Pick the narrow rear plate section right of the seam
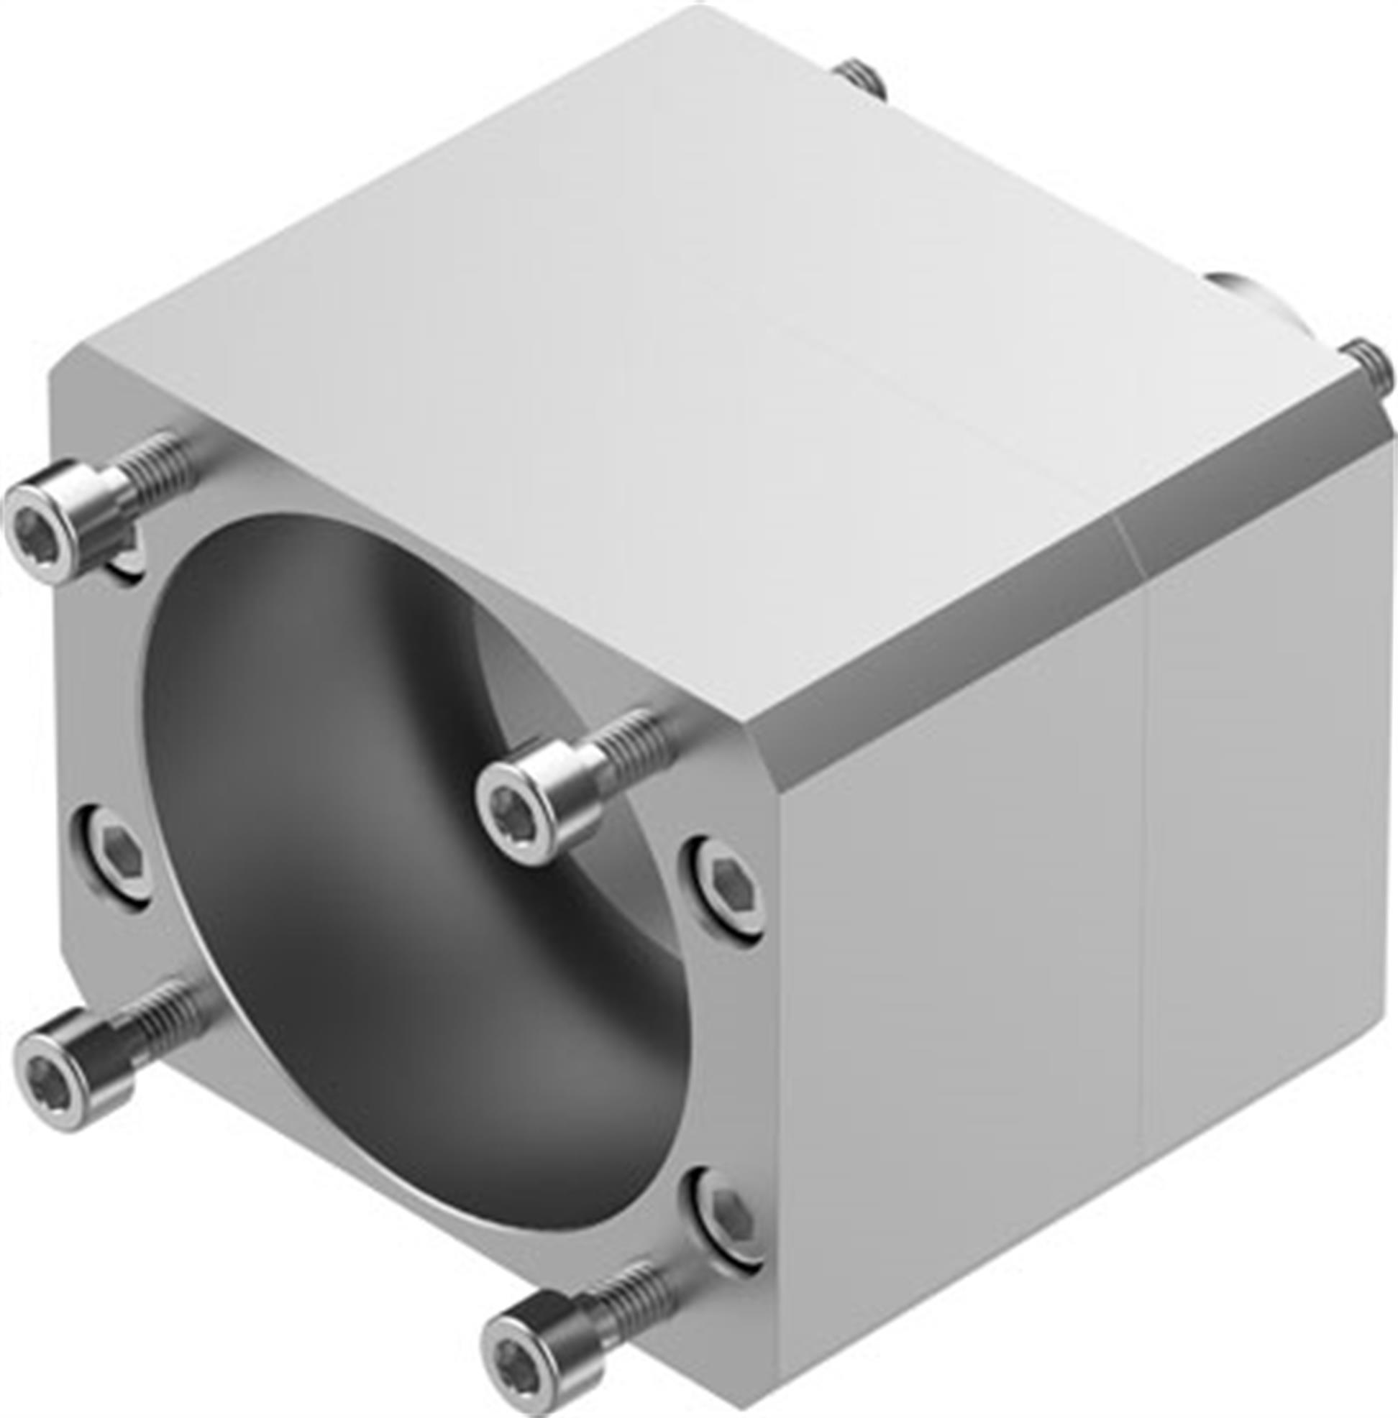point(1270,844)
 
